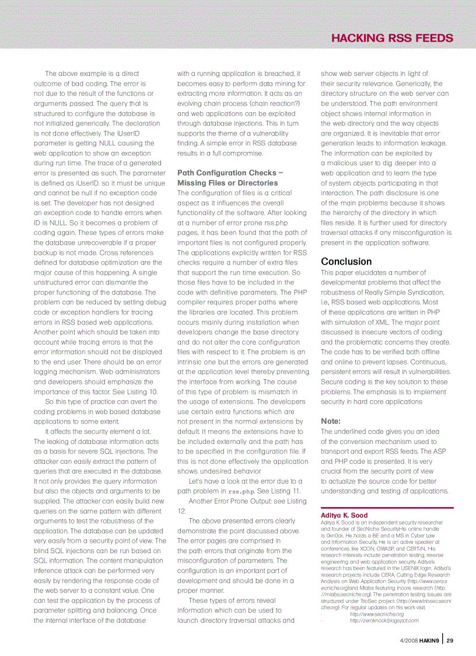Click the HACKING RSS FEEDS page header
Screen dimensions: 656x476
[x=391, y=39]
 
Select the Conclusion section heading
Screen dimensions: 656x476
[x=346, y=261]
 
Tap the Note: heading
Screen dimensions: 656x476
[x=331, y=421]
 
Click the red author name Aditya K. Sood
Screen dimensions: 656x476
[x=344, y=515]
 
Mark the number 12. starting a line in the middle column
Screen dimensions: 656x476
[x=181, y=511]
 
